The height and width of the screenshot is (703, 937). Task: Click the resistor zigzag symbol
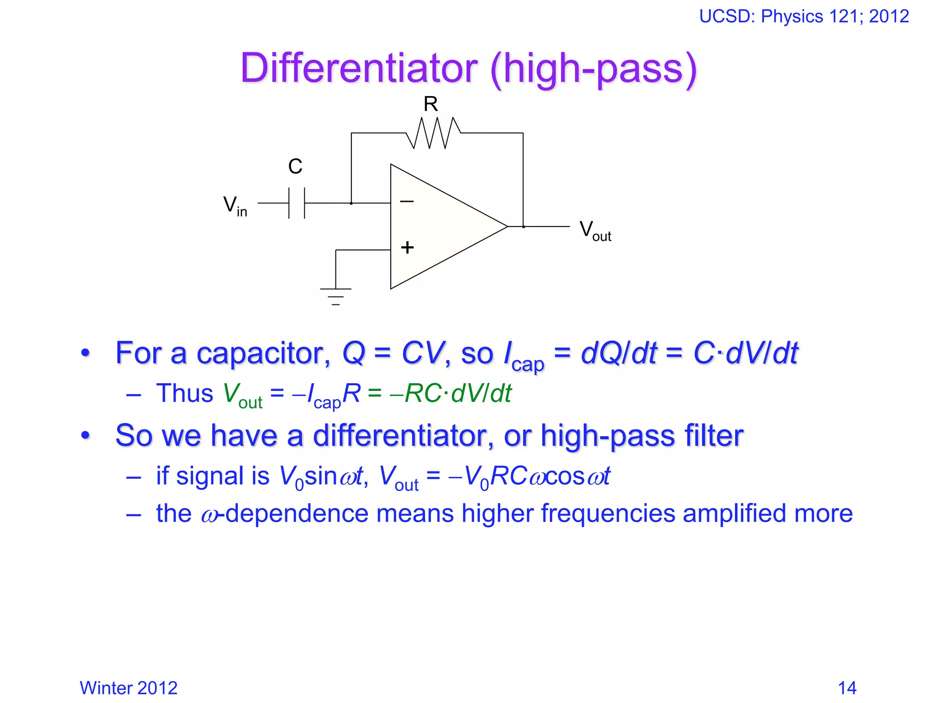tap(433, 133)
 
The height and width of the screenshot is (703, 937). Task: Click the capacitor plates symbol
tap(296, 203)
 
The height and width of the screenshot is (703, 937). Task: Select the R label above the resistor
tap(431, 104)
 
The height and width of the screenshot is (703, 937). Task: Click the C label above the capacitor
tap(295, 167)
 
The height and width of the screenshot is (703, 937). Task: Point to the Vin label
tap(235, 205)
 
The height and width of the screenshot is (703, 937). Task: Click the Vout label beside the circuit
tap(595, 230)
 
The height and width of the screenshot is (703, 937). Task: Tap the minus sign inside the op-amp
tap(407, 201)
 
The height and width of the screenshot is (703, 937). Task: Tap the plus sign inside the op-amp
tap(407, 248)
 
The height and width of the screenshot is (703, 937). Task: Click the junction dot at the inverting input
tap(351, 203)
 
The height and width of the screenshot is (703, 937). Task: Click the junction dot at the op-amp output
tap(523, 227)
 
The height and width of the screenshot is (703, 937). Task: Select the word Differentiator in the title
tap(359, 68)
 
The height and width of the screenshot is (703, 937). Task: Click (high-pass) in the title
tap(593, 68)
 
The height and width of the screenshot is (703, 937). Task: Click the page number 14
tap(847, 688)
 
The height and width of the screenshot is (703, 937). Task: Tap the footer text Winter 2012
tap(129, 688)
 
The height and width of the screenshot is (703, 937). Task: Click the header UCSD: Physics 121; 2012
tap(804, 16)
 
